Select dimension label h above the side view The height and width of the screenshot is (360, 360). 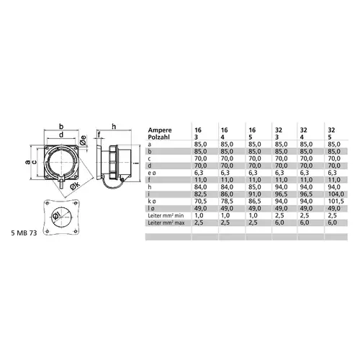(x=114, y=127)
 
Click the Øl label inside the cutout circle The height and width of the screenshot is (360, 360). (x=56, y=215)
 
